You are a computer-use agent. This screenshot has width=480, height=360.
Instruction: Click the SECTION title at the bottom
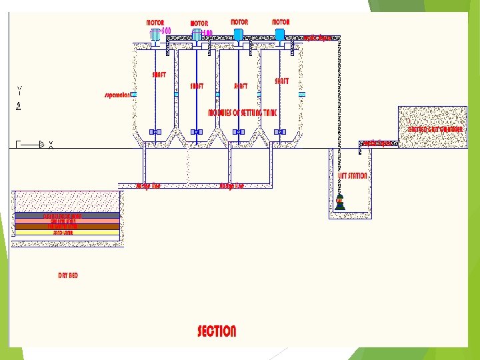[217, 331]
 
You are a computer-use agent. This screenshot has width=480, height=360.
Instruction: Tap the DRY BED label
[68, 275]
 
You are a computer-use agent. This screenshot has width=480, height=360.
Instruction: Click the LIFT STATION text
[353, 176]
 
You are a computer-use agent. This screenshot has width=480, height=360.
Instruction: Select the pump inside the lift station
[340, 203]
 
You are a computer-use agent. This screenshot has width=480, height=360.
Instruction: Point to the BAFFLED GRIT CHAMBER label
[435, 129]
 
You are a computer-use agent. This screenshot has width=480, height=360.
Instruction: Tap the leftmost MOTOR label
[155, 23]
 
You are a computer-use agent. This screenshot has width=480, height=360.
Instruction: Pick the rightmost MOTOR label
[281, 22]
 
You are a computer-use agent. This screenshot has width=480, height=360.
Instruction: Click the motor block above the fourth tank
[280, 34]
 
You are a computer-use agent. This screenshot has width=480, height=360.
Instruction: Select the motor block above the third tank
[238, 34]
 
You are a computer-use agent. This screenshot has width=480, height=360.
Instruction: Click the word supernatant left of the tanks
[117, 95]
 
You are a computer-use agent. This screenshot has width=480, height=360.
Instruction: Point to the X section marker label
[51, 144]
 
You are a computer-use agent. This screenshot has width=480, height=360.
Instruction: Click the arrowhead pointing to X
[41, 143]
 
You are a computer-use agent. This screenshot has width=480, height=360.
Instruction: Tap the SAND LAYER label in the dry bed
[67, 233]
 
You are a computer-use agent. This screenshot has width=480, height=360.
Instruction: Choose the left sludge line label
[148, 186]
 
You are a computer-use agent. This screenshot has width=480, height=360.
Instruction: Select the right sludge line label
[231, 186]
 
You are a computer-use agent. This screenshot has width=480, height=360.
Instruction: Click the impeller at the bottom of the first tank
[155, 132]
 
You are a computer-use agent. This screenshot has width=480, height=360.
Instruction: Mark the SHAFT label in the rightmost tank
[282, 81]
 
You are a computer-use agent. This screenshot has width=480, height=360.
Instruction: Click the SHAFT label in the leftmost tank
[159, 75]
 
